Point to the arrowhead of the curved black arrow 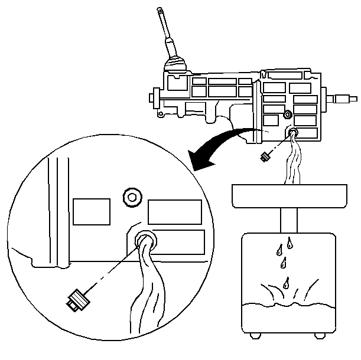(195, 159)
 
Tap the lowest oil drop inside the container (287, 282)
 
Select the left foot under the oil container (255, 335)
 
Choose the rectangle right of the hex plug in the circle (174, 211)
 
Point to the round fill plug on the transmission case (287, 113)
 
